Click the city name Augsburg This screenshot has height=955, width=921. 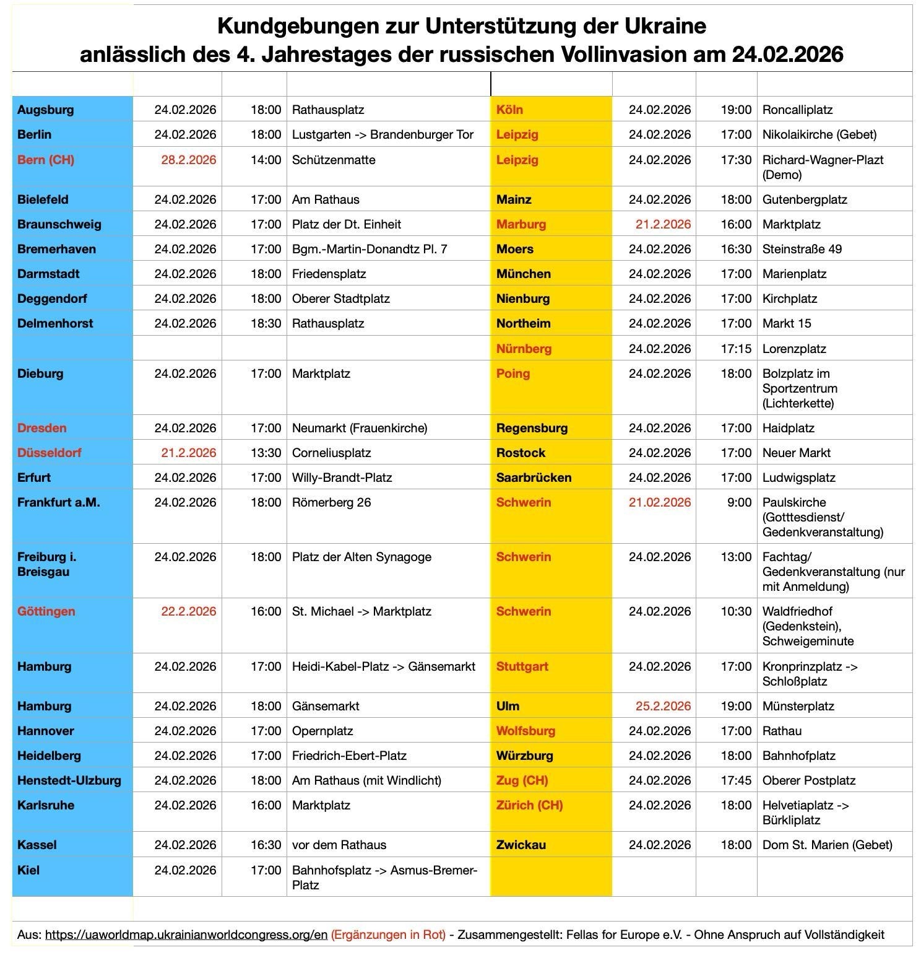pos(45,110)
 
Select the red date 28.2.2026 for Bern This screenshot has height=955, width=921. pos(188,160)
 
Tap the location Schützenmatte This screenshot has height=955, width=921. pos(334,160)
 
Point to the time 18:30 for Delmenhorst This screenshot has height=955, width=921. pos(266,323)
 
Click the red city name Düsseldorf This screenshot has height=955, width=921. pos(50,453)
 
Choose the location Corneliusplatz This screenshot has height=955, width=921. pos(331,453)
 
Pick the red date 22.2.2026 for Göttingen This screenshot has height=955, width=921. pos(188,611)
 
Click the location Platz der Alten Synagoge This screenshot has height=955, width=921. pos(361,557)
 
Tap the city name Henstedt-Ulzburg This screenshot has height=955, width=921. pos(69,780)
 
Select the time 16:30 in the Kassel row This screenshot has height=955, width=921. pos(266,845)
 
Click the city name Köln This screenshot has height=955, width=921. pos(509,110)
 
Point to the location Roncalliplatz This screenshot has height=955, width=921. pos(797,110)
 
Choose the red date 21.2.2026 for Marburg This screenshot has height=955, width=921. pos(663,224)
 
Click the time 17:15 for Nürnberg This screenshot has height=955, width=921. pos(736,349)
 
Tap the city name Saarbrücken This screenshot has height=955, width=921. pos(534,477)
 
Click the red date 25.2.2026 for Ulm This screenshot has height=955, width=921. pos(663,706)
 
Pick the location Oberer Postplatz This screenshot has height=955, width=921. pos(808,780)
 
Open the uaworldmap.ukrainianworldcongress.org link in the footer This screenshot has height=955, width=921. pos(186,935)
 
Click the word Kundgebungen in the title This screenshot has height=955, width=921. pos(287,26)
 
